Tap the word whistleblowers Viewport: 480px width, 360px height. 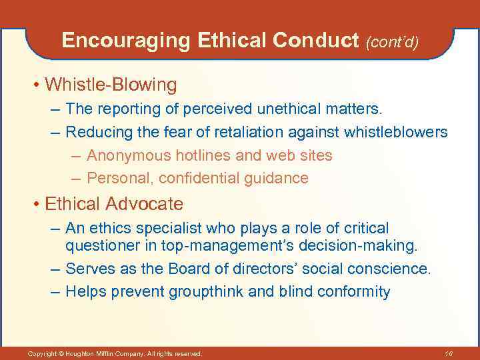coord(396,132)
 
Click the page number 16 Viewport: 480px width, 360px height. coord(448,353)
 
